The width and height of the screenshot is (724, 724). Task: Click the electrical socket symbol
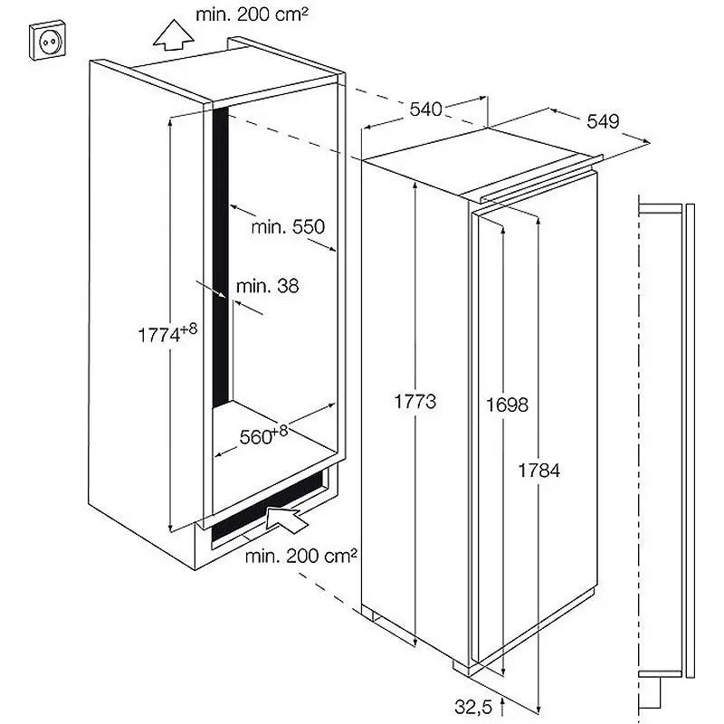[x=47, y=40]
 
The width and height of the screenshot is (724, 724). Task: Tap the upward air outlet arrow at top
[x=173, y=34]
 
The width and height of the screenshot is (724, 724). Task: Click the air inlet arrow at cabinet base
[x=286, y=519]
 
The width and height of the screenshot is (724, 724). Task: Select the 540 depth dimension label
[x=425, y=110]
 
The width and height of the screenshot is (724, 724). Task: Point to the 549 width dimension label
[x=603, y=121]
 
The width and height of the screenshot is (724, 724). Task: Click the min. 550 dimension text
[x=288, y=227]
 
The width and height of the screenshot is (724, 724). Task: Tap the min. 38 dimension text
[x=267, y=286]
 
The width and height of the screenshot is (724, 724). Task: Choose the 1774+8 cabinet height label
[x=167, y=333]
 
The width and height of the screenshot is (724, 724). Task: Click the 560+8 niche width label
[x=263, y=435]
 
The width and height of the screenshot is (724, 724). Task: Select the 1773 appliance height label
[x=414, y=401]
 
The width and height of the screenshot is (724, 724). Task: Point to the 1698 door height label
[x=507, y=405]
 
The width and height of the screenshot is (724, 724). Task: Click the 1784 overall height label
[x=538, y=471]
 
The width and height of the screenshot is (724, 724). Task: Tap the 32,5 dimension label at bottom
[x=473, y=707]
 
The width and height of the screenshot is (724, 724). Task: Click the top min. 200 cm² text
[x=252, y=14]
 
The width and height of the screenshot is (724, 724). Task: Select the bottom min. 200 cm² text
[x=301, y=556]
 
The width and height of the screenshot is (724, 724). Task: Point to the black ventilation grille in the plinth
[x=268, y=506]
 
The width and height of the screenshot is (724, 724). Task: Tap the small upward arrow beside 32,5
[x=503, y=707]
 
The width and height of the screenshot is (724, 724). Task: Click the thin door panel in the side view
[x=691, y=440]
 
